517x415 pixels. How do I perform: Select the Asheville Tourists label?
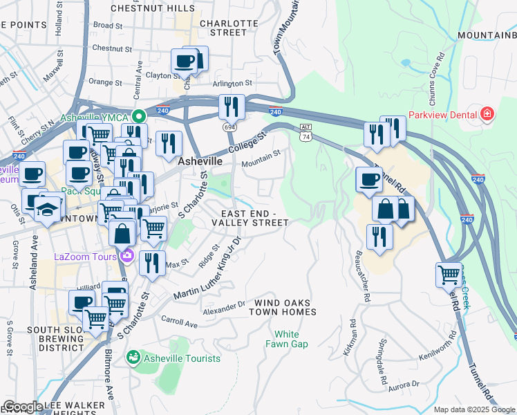tap(182, 358)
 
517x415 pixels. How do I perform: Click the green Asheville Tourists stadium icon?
tap(133, 358)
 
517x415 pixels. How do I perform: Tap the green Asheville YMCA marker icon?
tap(138, 116)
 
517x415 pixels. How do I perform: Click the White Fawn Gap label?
tap(287, 339)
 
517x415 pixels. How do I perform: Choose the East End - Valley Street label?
tap(250, 217)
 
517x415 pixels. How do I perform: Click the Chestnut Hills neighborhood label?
tap(153, 8)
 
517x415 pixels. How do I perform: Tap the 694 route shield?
tap(227, 127)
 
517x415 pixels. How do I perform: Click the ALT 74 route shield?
tap(306, 133)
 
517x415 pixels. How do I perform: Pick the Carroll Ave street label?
tap(179, 323)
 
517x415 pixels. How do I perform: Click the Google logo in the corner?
tap(23, 407)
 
